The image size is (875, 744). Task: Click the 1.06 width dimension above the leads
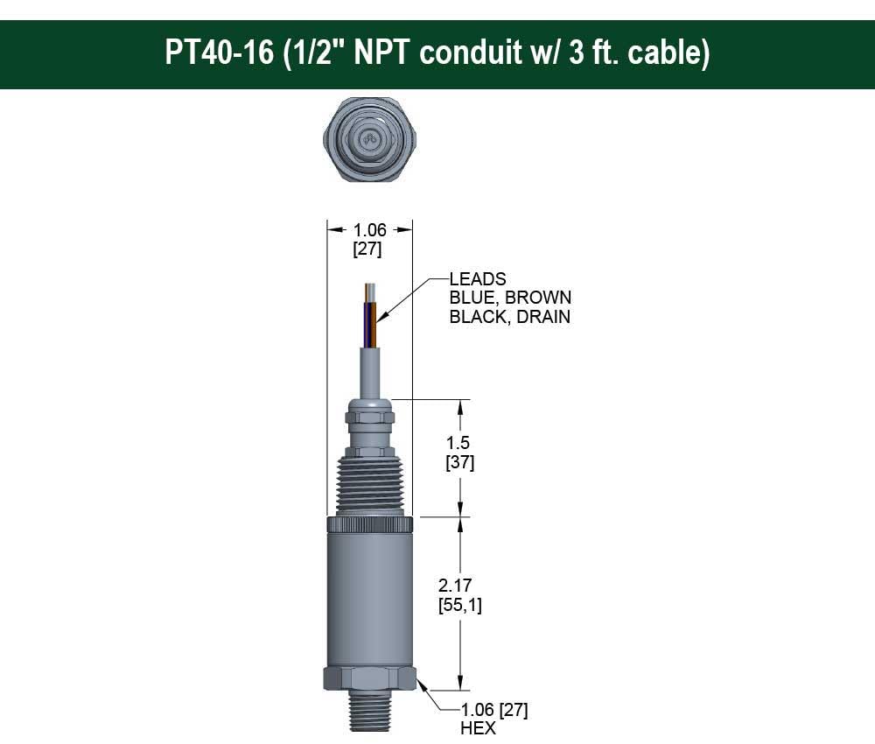[x=368, y=229]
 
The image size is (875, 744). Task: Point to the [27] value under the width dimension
[x=367, y=249]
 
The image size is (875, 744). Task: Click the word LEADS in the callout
[x=477, y=279]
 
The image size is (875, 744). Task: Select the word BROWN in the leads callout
[x=539, y=298]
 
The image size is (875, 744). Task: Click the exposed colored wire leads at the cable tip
[x=371, y=315]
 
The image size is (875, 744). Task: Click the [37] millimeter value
[x=460, y=462]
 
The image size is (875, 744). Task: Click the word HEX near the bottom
[x=478, y=727]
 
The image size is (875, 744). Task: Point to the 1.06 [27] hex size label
[x=493, y=709]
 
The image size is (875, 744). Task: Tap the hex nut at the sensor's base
[x=369, y=678]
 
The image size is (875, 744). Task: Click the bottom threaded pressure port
[x=369, y=713]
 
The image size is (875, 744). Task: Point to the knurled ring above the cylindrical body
[x=369, y=525]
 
